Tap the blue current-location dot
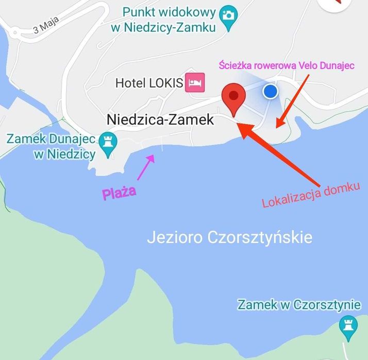tap(270, 91)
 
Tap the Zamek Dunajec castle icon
tap(108, 140)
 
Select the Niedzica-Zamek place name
tap(160, 119)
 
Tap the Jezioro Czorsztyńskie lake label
tap(229, 238)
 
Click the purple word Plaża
tap(119, 193)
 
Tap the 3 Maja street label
tap(46, 24)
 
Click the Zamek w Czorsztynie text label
tap(298, 304)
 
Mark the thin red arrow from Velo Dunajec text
tap(293, 100)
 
